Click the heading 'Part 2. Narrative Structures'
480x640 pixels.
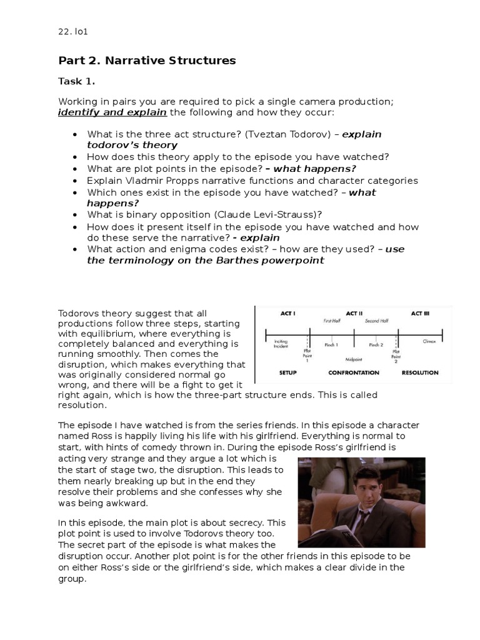click(x=147, y=61)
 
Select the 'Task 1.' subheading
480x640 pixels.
click(x=76, y=81)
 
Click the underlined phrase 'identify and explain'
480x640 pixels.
click(x=112, y=112)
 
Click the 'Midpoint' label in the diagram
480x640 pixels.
click(x=354, y=360)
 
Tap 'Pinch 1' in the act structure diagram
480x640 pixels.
click(x=331, y=344)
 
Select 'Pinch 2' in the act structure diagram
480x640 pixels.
click(x=376, y=344)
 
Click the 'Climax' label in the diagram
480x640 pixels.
click(x=429, y=342)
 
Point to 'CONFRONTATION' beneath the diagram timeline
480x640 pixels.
click(x=354, y=372)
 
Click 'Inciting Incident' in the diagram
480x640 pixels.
click(x=281, y=344)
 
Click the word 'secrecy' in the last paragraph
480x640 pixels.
click(x=248, y=522)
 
